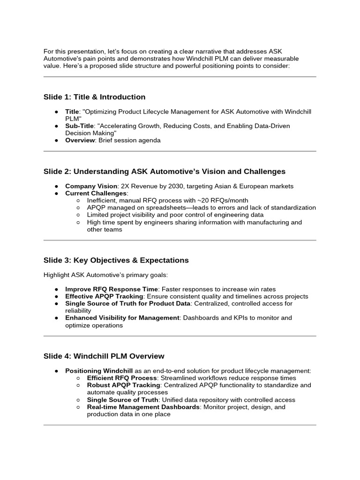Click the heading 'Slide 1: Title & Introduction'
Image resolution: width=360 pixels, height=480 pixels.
[x=94, y=97]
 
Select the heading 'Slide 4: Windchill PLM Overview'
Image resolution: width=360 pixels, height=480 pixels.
[x=104, y=356]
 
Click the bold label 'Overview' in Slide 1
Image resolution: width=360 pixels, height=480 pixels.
[x=80, y=140]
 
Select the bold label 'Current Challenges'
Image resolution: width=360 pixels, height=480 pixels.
[x=96, y=193]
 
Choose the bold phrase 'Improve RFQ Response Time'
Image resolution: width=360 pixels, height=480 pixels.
[x=112, y=289]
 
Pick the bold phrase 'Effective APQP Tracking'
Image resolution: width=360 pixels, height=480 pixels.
[x=104, y=296]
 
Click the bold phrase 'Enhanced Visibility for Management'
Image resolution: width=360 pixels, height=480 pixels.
[x=122, y=318]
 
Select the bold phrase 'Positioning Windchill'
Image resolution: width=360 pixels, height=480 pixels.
[x=99, y=371]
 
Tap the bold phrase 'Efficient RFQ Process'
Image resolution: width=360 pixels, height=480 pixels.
[x=121, y=378]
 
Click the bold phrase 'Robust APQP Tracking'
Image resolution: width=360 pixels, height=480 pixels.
[x=121, y=385]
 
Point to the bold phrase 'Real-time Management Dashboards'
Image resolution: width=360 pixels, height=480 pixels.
[x=143, y=407]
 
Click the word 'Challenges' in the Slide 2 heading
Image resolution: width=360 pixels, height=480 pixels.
[x=262, y=172]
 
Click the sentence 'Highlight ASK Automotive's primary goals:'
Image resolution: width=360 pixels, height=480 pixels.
[x=105, y=275]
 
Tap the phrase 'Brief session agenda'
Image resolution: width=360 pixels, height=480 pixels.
[x=130, y=140]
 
